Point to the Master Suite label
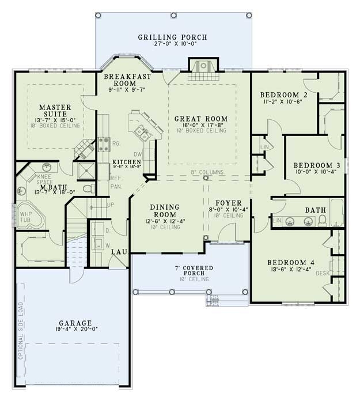coord(55,111)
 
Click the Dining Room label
coord(165,210)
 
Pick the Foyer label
coord(226,203)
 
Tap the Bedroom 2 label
coord(282,95)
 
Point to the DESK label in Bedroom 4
coord(324,273)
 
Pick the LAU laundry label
coord(119,252)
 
